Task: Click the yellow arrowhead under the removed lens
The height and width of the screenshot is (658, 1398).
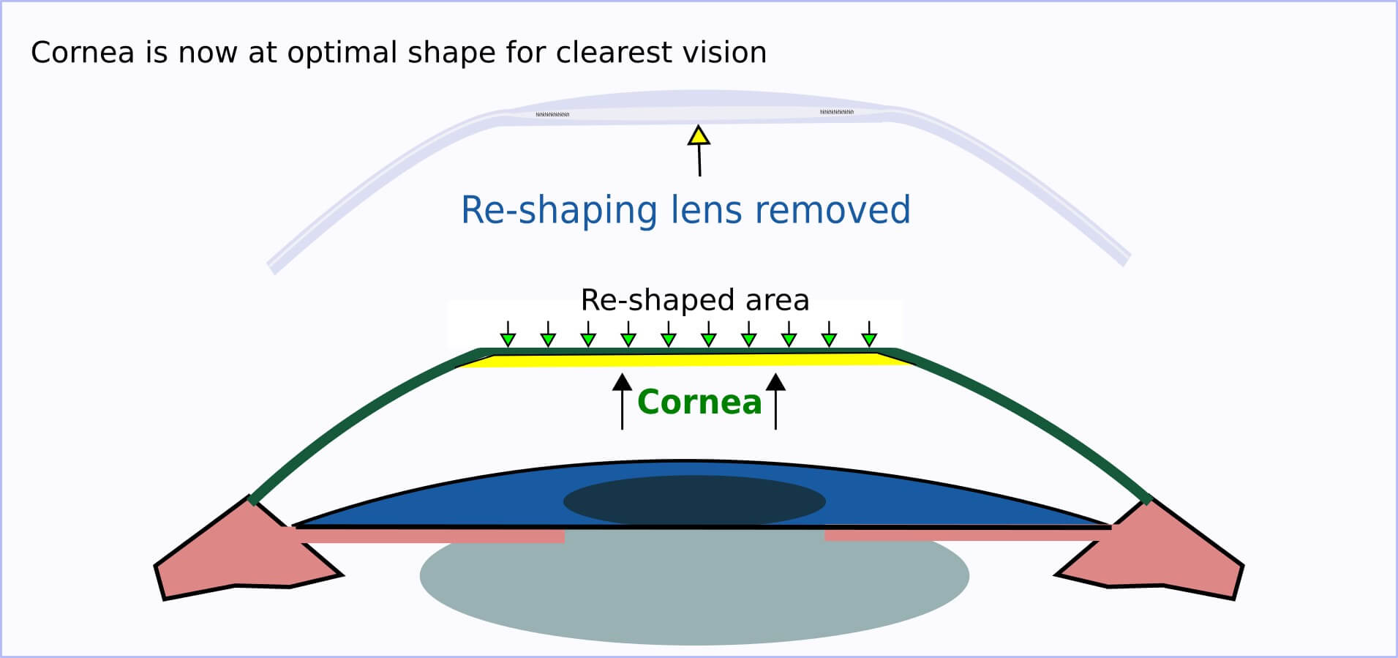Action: (699, 136)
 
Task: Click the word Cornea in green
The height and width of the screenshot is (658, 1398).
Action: (699, 403)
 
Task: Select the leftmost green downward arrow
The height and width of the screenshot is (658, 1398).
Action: (508, 336)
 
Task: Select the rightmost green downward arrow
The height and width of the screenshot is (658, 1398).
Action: (868, 336)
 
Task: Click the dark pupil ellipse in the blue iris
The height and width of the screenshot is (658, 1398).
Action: (694, 501)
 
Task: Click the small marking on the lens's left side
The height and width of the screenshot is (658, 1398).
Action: (552, 115)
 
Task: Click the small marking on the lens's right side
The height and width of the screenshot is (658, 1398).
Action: (836, 112)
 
